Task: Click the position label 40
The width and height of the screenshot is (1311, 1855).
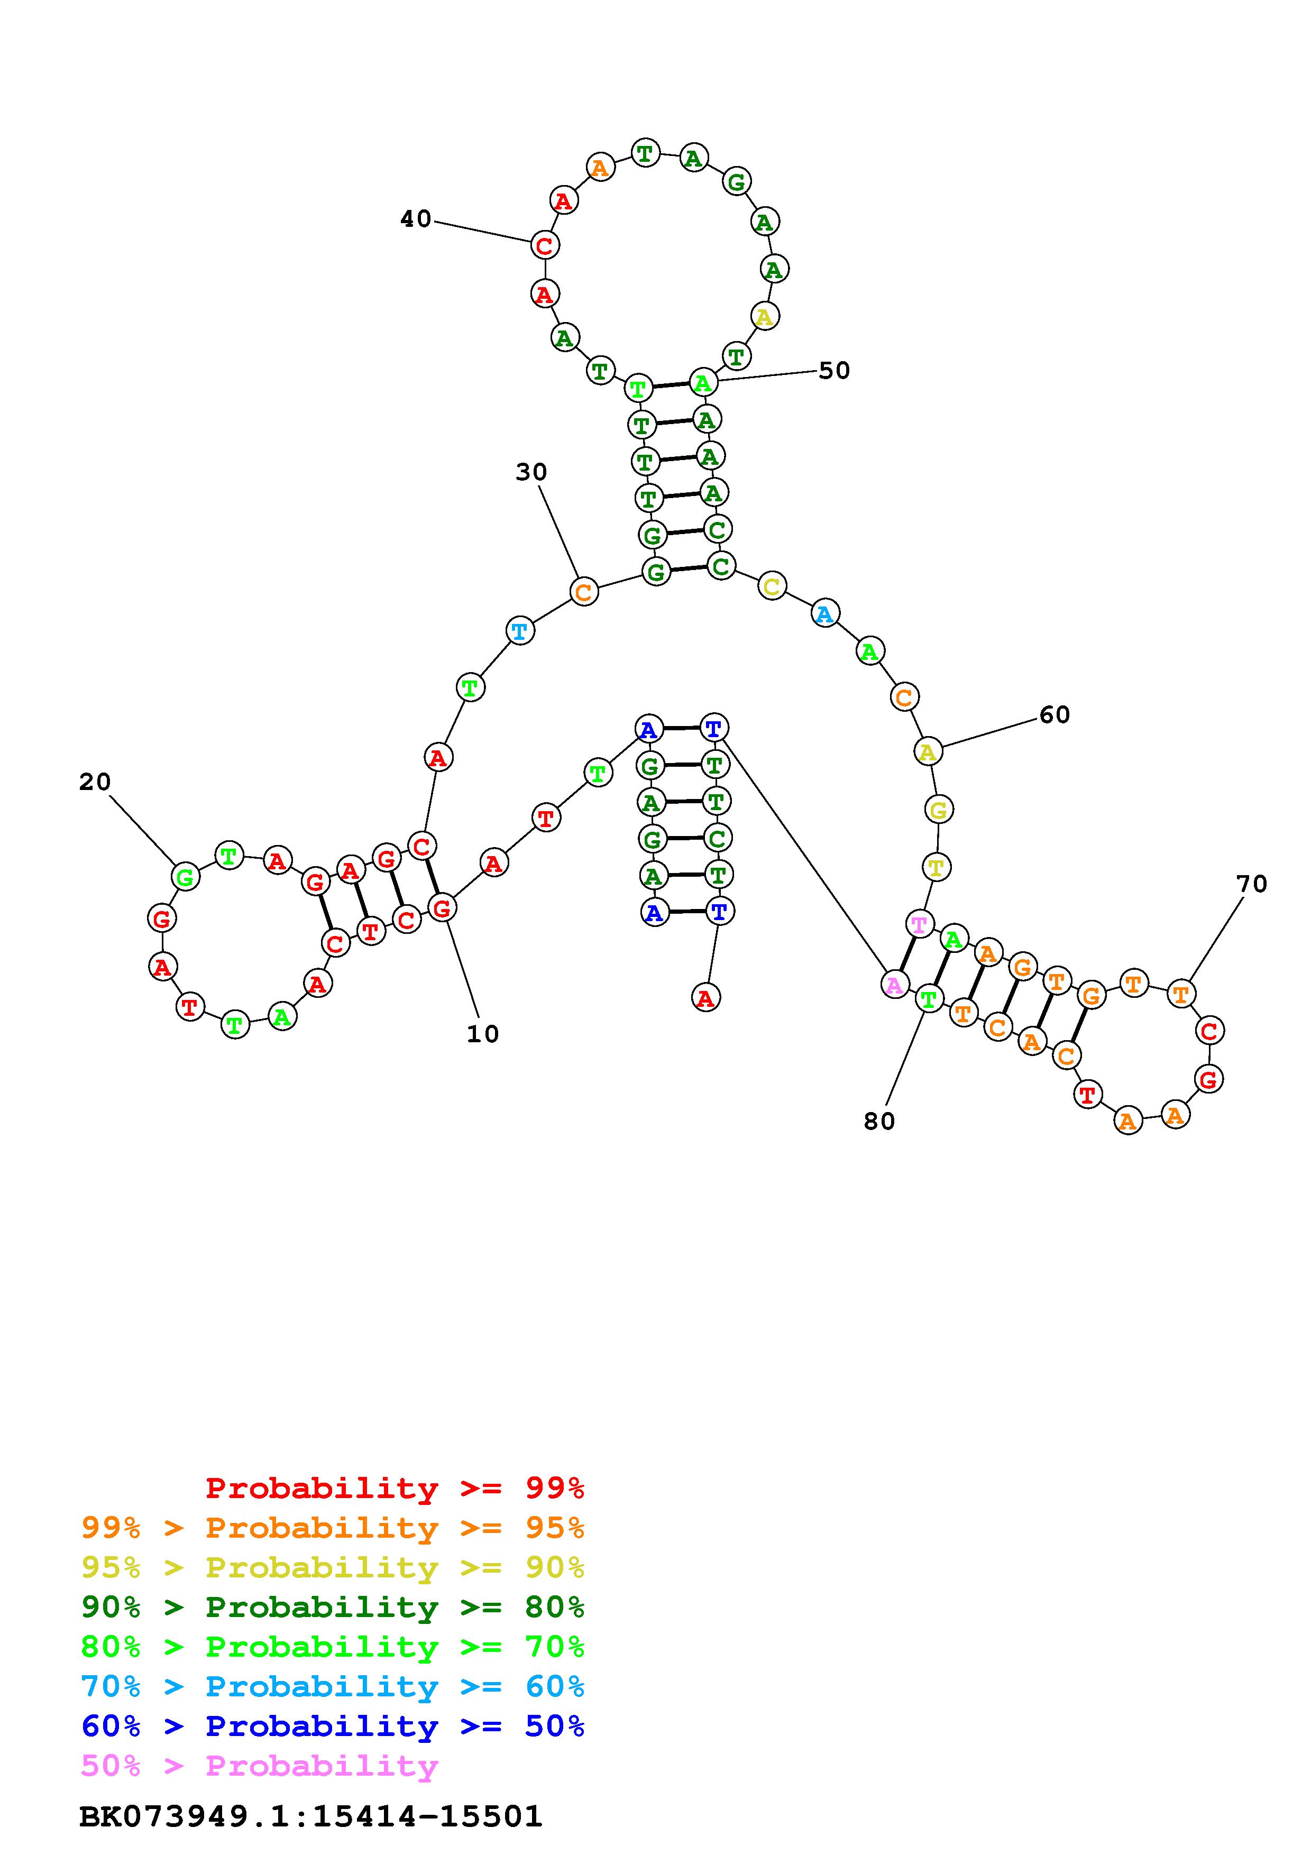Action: coord(416,219)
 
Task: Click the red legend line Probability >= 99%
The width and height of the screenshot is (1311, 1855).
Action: coord(394,1487)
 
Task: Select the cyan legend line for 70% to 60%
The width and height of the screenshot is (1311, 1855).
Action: coord(332,1686)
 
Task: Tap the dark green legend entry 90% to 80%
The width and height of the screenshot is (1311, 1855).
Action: coord(332,1607)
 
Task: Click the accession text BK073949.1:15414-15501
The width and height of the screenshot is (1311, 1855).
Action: coord(310,1816)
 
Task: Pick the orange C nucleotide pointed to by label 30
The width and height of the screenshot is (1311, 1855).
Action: coord(583,591)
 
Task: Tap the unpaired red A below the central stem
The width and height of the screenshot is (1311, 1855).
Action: coord(705,998)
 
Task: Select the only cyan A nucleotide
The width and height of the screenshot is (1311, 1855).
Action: coord(824,615)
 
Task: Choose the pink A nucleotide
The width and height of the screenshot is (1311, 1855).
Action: coord(894,985)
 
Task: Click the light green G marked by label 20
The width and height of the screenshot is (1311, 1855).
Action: coord(185,877)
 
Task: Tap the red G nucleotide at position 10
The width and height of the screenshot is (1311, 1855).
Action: coord(441,908)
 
